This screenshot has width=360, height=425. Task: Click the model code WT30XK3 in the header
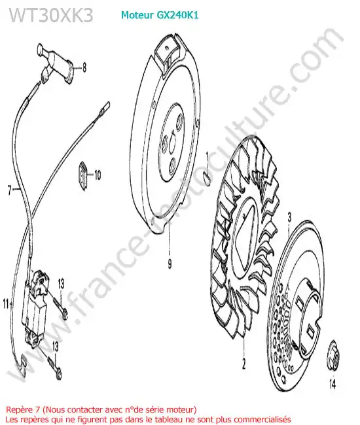(51, 14)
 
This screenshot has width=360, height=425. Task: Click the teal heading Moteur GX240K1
(160, 15)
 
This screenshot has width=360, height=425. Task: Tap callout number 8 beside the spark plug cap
(84, 67)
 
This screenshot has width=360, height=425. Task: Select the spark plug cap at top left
(56, 62)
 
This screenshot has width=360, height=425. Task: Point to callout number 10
(98, 175)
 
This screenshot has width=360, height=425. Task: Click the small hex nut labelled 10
(83, 176)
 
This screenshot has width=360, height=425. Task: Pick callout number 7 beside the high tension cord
(10, 190)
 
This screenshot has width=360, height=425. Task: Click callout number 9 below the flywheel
(170, 263)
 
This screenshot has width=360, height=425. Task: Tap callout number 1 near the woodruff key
(207, 156)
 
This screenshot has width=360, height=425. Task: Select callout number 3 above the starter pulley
(289, 217)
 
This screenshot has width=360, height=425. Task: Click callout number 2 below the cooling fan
(243, 364)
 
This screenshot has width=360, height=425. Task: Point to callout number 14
(333, 384)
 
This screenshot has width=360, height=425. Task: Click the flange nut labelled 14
(334, 355)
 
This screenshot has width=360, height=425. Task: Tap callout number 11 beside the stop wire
(7, 303)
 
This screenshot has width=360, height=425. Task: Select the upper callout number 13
(61, 284)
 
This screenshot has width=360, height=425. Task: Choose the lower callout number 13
(56, 347)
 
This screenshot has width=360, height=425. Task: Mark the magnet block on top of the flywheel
(168, 54)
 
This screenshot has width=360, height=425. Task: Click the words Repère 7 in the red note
(23, 409)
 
